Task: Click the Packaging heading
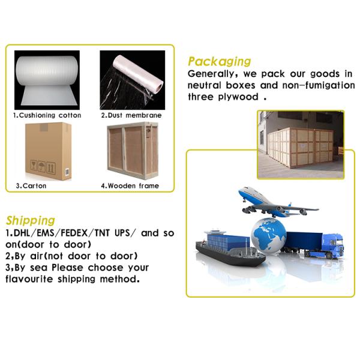219,61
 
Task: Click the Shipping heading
30,220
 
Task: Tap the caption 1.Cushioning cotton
47,115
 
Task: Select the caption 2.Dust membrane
131,115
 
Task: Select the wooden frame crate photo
131,151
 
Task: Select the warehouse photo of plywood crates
301,145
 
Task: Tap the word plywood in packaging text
237,97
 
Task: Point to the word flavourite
30,279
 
